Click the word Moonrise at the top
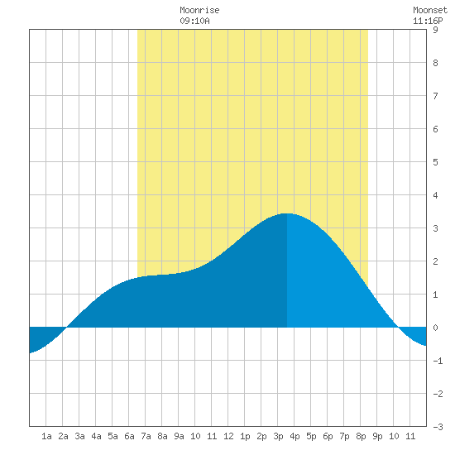(199, 11)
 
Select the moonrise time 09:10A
(194, 21)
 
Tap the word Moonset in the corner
(430, 11)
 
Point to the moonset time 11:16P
(428, 21)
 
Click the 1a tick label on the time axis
(46, 436)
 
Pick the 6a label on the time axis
(129, 436)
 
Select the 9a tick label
(179, 436)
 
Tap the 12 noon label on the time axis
(228, 436)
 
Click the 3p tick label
(278, 436)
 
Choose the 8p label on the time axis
(361, 436)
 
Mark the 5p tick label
(311, 436)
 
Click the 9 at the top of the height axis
(435, 30)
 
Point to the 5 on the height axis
(435, 162)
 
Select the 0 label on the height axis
(435, 328)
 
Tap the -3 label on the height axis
(438, 427)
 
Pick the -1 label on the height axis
(438, 361)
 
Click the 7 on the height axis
(435, 96)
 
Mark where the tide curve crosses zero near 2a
(66, 328)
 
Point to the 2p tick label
(261, 436)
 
